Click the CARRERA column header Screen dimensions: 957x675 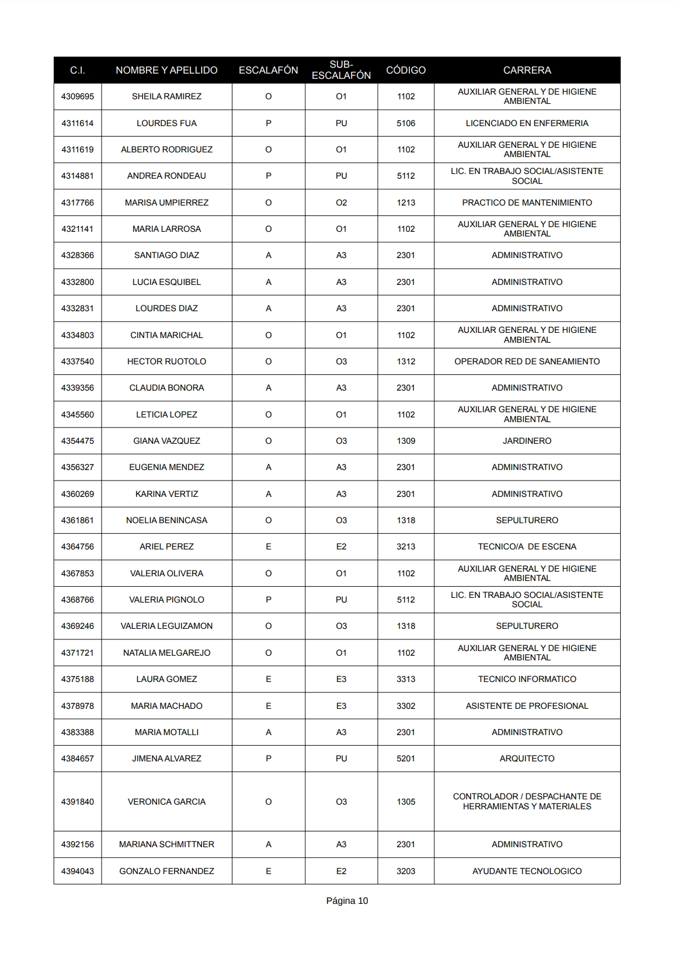click(527, 70)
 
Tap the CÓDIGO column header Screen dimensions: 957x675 click(406, 70)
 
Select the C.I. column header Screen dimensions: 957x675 click(78, 70)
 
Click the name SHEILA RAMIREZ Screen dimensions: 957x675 click(166, 96)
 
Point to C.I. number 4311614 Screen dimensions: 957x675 click(78, 123)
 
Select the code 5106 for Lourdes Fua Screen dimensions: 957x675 click(406, 123)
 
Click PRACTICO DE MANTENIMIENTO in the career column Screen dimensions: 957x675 click(527, 203)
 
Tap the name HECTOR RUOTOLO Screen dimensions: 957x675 click(166, 361)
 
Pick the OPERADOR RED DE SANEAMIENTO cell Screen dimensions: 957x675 click(527, 361)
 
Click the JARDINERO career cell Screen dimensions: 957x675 click(527, 441)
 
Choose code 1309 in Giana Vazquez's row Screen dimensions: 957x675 click(406, 441)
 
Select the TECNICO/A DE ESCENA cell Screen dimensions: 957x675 click(527, 547)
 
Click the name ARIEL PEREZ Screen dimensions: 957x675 click(166, 547)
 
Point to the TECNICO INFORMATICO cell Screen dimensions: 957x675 click(527, 679)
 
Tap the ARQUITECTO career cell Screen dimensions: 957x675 click(527, 758)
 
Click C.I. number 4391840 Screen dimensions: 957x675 click(78, 802)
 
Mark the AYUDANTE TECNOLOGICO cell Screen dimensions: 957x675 click(527, 871)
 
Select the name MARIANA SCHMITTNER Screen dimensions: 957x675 click(166, 844)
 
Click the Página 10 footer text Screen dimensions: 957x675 click(347, 900)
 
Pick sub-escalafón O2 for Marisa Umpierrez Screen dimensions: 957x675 click(341, 203)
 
